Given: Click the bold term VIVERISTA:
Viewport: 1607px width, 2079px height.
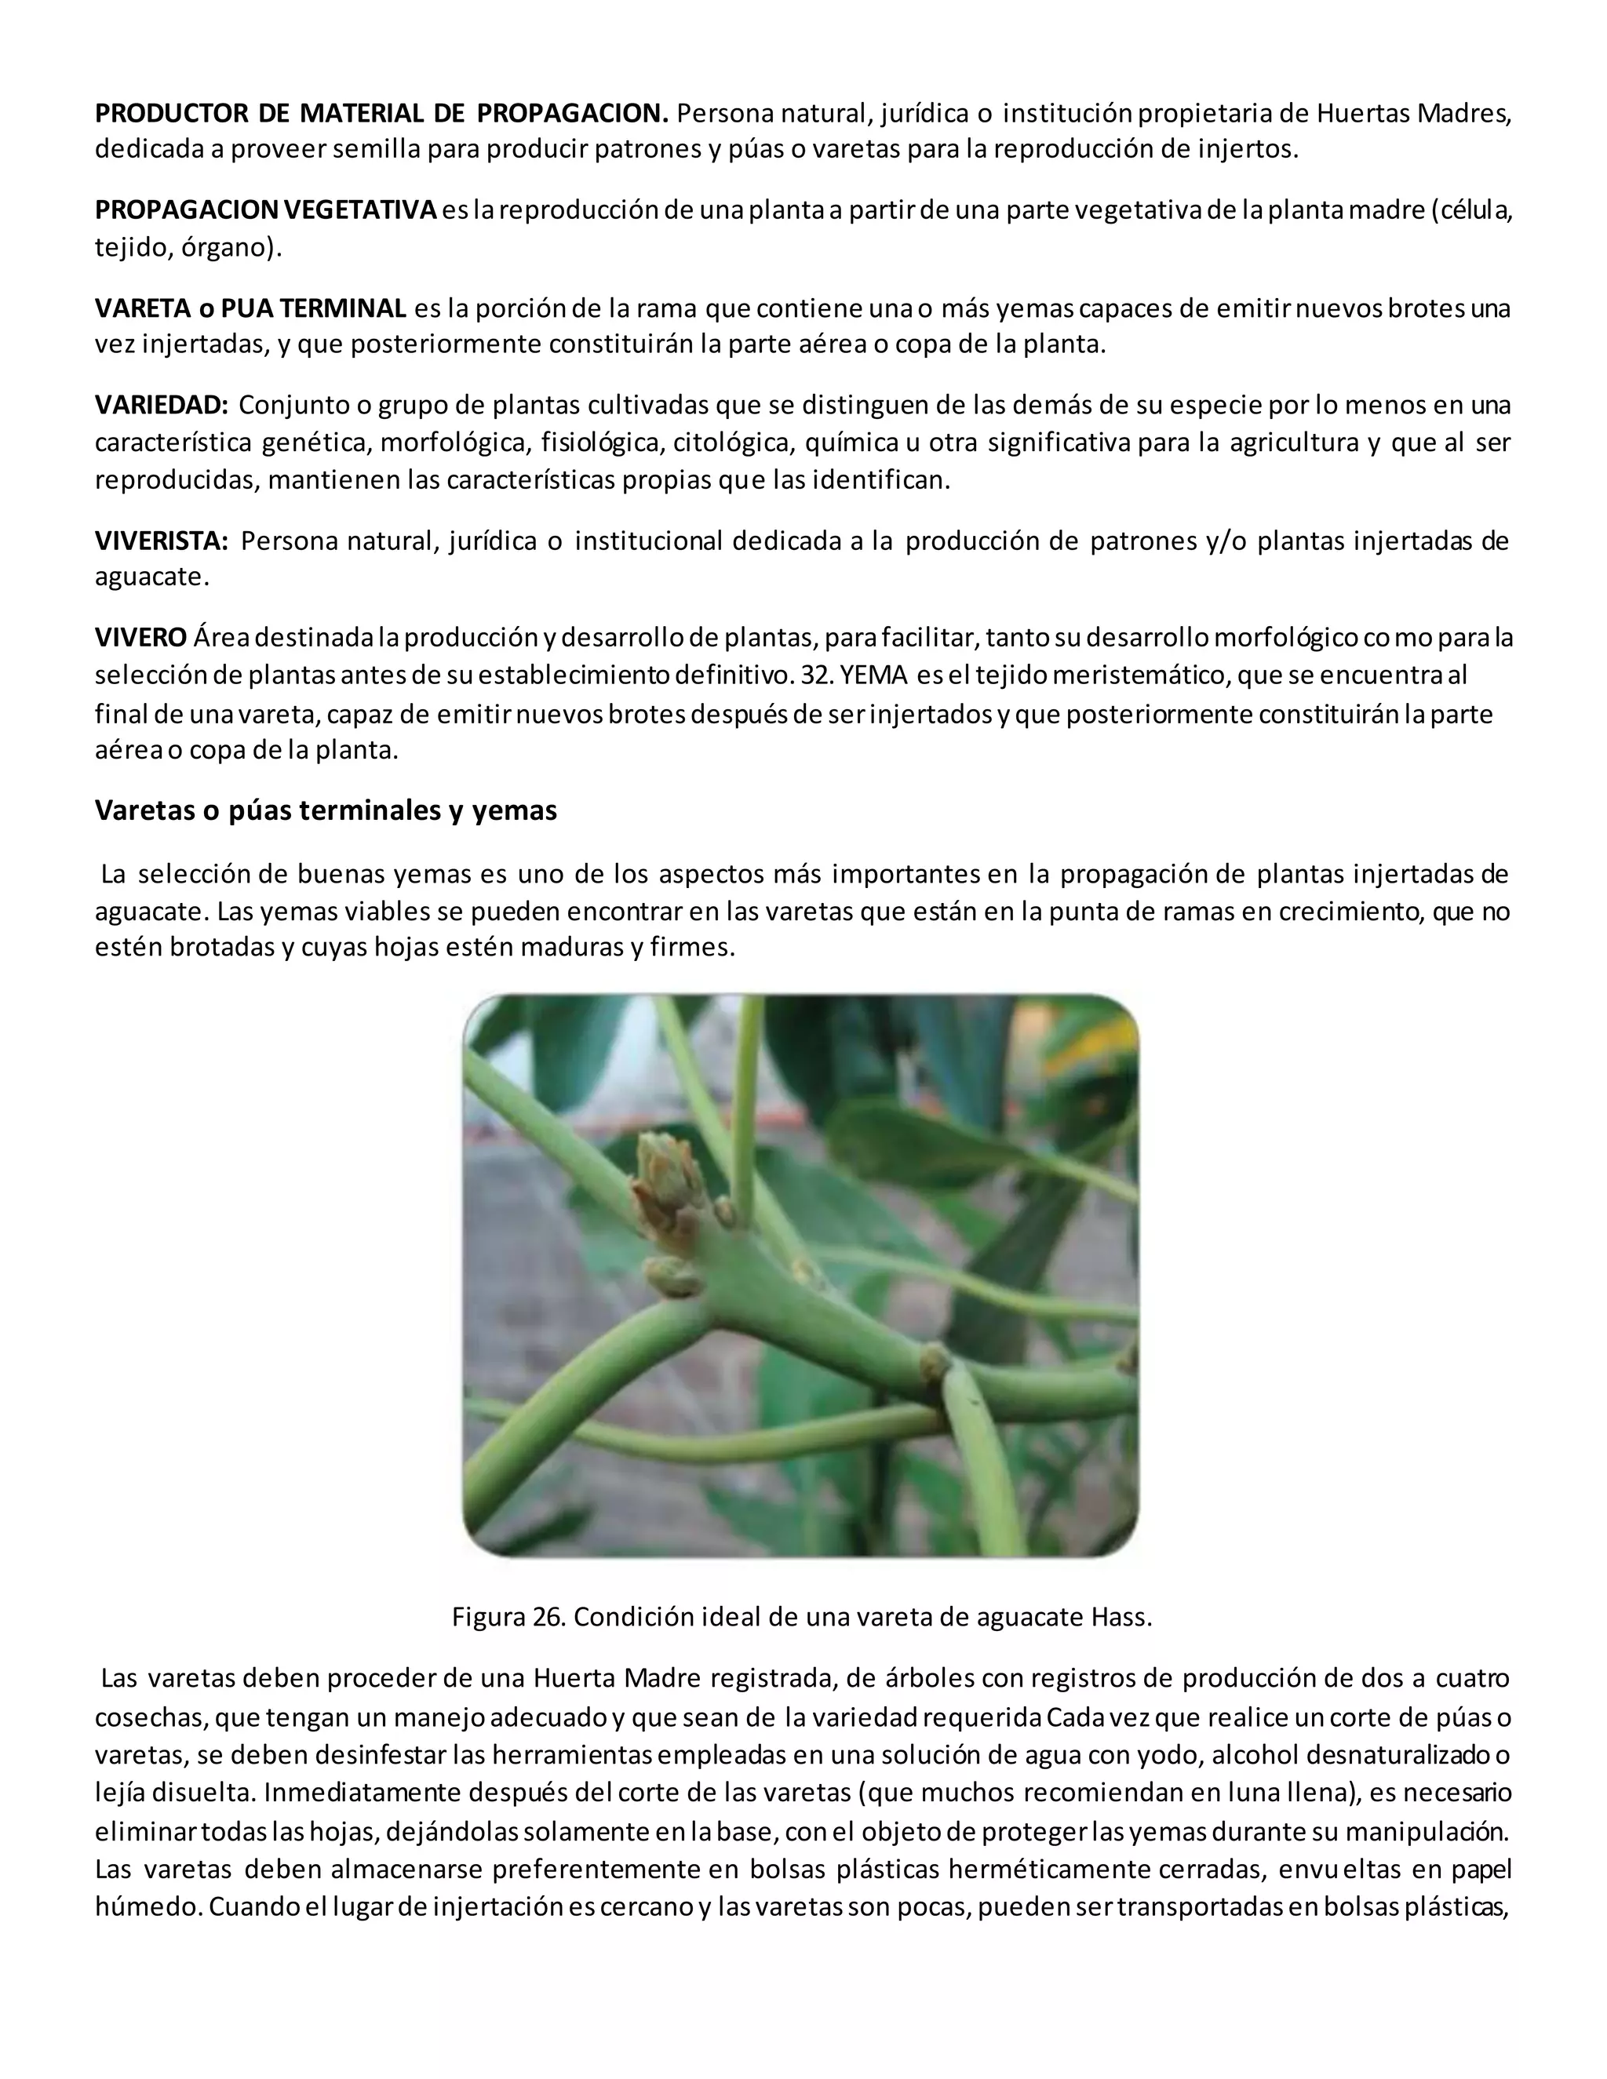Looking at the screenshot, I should (x=161, y=541).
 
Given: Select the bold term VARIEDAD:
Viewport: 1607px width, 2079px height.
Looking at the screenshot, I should (x=161, y=406).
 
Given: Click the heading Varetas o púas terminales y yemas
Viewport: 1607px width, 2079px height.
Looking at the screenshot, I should (x=326, y=810).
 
